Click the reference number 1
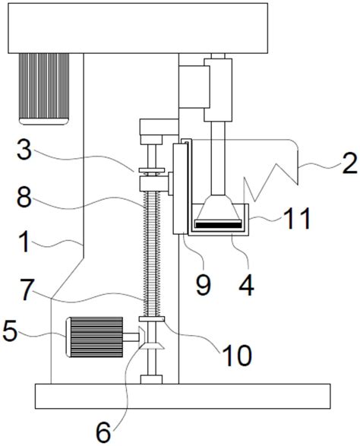25,242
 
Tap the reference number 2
349,163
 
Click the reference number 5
10,332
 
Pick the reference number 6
103,433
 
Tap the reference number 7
27,289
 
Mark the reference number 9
204,285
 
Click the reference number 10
238,356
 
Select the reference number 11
297,219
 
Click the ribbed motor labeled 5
94,337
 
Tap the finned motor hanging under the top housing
44,89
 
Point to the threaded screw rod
151,254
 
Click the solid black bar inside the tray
218,225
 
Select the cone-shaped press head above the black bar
218,207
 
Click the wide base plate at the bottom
182,396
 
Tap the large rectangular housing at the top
138,28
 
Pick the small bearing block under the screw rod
151,379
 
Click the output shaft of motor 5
131,337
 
